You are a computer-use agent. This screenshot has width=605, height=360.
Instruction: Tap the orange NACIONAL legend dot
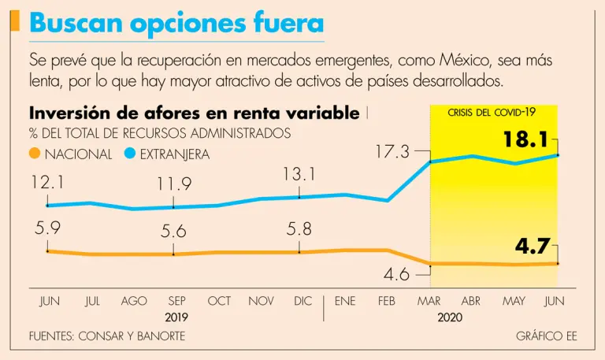[x=34, y=154]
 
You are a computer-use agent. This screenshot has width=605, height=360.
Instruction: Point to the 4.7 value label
[x=533, y=247]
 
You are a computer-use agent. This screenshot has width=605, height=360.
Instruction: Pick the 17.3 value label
[x=391, y=150]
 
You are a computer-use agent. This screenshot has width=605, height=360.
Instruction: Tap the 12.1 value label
[x=49, y=183]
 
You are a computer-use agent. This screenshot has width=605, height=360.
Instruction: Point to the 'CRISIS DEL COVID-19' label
[x=492, y=113]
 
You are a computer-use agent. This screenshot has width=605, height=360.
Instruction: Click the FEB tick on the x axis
[x=387, y=301]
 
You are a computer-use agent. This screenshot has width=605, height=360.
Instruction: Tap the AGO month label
[x=134, y=301]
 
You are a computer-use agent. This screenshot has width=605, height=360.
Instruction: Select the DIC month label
[x=302, y=301]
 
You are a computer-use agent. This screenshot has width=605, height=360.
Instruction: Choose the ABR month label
[x=470, y=301]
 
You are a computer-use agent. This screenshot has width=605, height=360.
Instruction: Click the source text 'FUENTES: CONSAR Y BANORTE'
[x=107, y=336]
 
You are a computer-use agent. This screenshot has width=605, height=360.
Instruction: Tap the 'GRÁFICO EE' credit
[x=547, y=336]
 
